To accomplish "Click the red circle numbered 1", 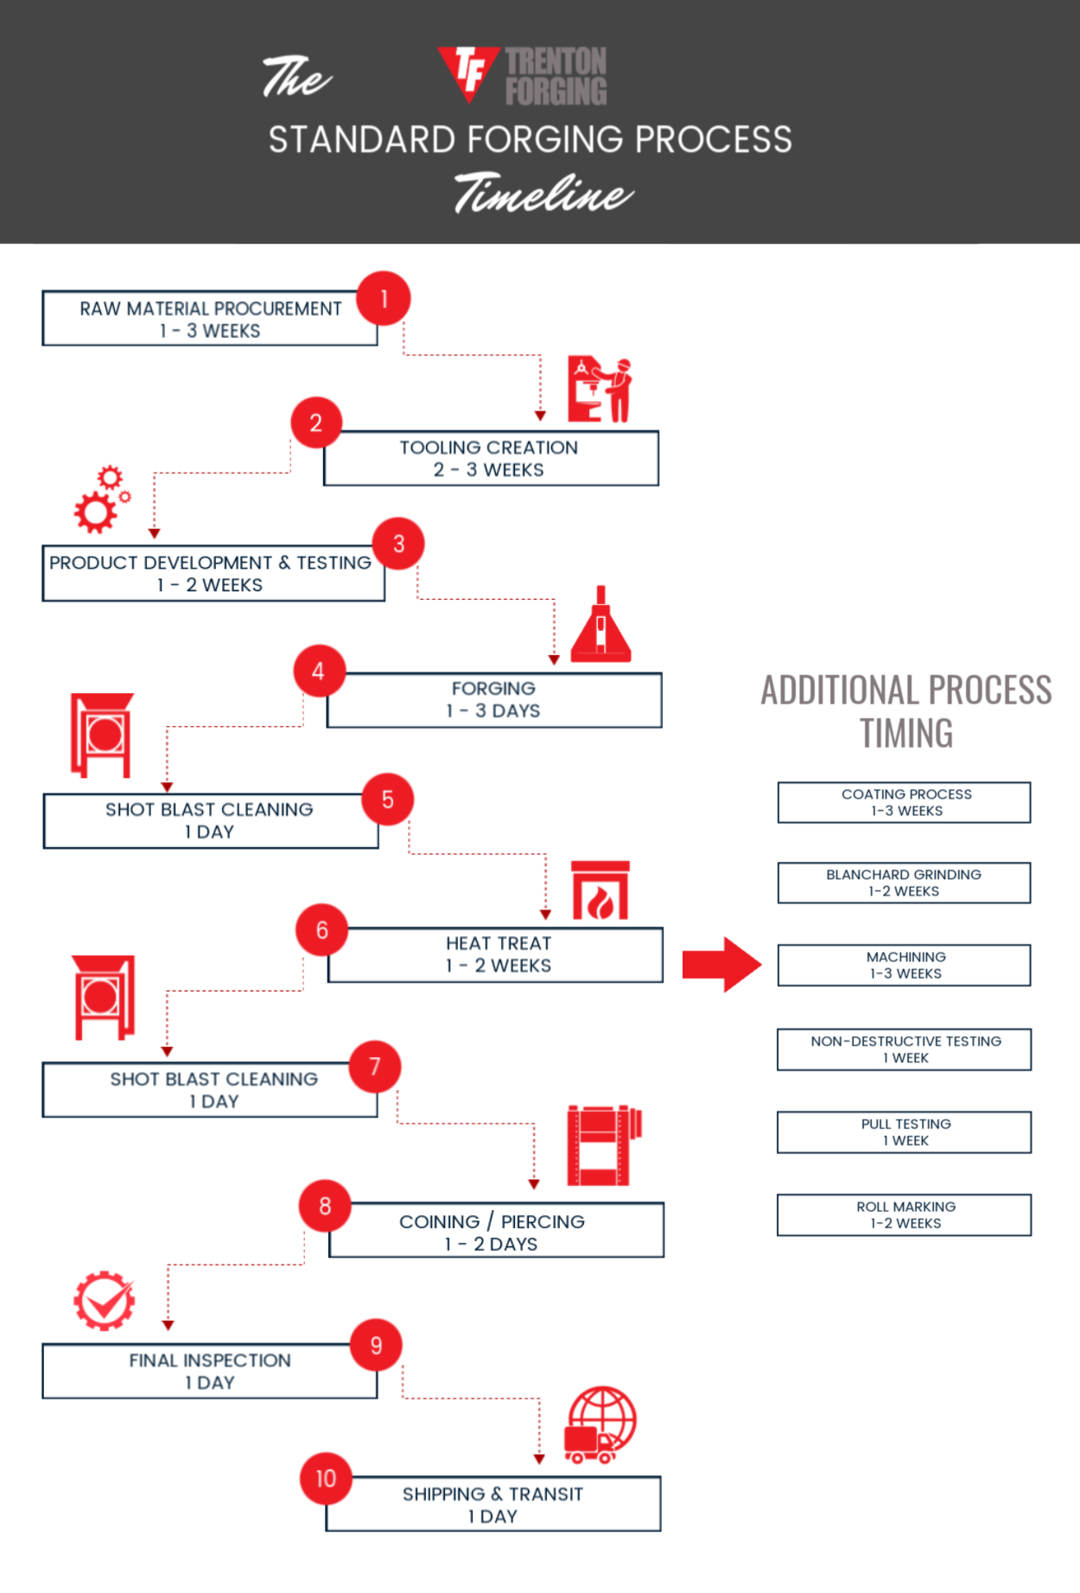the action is (x=384, y=299).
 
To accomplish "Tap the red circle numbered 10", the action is (x=326, y=1479).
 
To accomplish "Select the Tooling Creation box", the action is (x=491, y=458).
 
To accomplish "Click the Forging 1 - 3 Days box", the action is (x=494, y=700).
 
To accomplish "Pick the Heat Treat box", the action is (x=496, y=955).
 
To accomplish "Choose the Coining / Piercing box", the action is (x=496, y=1230).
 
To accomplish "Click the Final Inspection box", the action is (x=210, y=1371).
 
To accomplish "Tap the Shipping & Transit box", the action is (x=493, y=1504).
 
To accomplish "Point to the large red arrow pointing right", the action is (x=722, y=965).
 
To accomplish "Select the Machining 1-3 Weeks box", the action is (x=905, y=965).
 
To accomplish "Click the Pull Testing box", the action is (x=905, y=1132).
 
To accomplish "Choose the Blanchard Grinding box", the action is (x=905, y=883).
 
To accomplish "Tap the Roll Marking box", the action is (x=905, y=1214).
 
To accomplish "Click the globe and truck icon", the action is (x=600, y=1424).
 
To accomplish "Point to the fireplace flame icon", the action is (x=600, y=890).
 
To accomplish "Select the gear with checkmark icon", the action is (x=105, y=1301).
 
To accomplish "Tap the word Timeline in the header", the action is (x=544, y=192).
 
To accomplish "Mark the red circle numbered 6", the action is (x=322, y=930).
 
